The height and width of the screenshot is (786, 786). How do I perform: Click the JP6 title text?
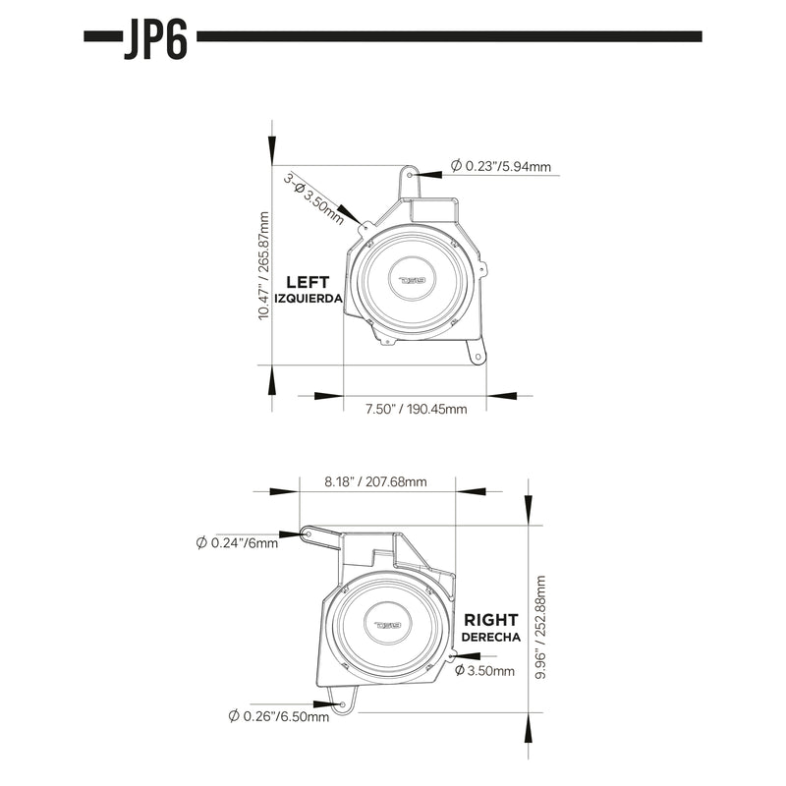pos(155,38)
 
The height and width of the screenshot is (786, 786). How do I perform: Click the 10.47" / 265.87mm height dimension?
pos(263,264)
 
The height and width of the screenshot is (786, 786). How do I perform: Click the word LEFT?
pos(308,280)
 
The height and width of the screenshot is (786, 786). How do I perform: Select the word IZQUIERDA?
pos(308,297)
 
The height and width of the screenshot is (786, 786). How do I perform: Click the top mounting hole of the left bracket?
pos(412,174)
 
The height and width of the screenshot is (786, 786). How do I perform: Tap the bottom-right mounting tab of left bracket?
pos(477,358)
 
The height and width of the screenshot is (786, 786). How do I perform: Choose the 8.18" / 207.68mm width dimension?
pos(376,481)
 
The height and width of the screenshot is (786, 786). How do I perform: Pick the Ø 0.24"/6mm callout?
pos(238,543)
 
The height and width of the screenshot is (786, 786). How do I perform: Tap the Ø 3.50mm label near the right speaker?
pos(484,671)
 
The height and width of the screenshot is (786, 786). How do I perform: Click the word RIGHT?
pos(491,621)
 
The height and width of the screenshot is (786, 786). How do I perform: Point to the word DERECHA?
pos(491,637)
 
